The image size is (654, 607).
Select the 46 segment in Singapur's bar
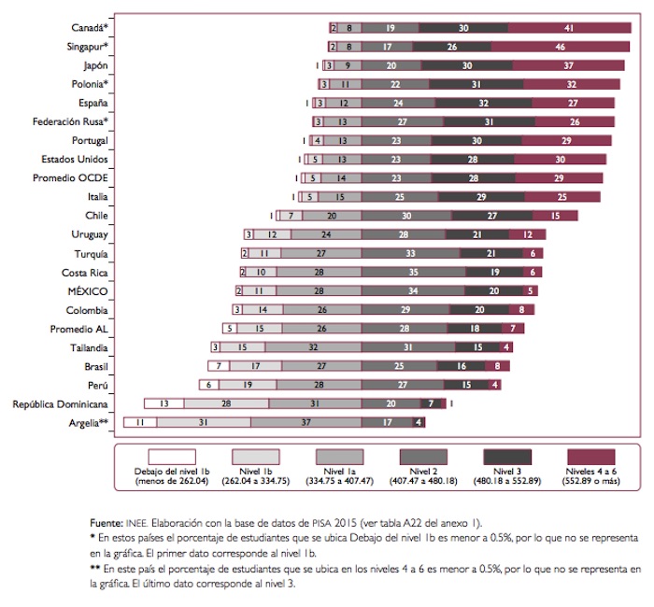(560, 47)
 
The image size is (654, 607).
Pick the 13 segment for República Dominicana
(163, 403)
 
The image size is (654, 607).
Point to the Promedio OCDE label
(72, 177)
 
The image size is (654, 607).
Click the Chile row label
(96, 215)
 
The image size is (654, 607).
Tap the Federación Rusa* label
(71, 121)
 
